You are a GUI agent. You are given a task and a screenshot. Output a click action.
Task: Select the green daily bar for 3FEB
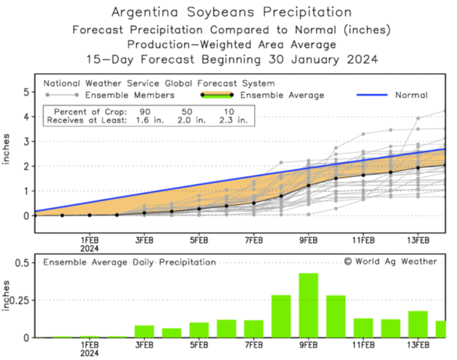144,332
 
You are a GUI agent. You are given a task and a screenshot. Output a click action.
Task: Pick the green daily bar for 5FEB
199,330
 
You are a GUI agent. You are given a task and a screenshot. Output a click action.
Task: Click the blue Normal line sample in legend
372,95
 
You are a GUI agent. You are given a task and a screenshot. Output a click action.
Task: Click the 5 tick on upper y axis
25,92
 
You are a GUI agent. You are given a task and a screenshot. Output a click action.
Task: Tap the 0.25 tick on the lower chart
21,300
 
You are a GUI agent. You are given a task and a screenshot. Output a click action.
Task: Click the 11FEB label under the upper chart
363,240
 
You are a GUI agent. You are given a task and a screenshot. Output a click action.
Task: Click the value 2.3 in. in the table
236,119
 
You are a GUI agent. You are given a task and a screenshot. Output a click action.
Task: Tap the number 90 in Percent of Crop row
145,111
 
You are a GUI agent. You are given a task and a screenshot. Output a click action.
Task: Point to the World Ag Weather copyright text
391,261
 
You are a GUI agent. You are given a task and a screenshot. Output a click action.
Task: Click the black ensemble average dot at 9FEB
308,185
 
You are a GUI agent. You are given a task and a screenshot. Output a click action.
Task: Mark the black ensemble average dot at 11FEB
363,175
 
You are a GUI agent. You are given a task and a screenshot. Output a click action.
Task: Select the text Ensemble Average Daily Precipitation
130,262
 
